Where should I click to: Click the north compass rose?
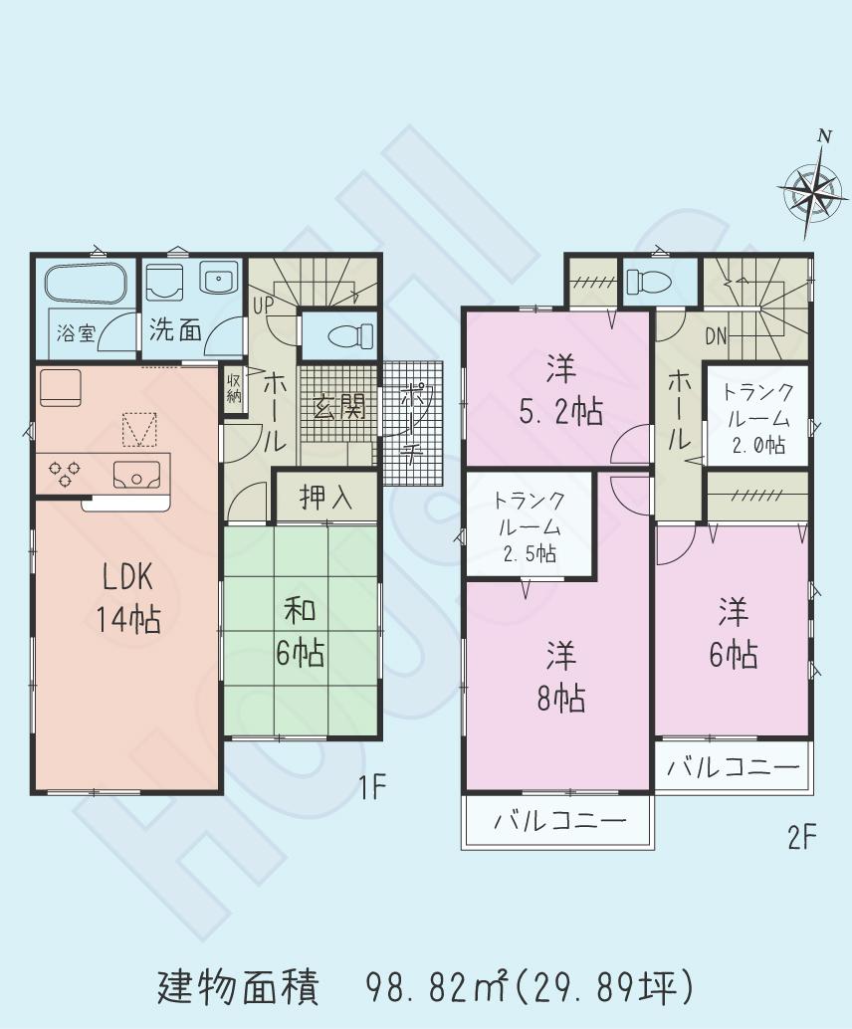pyautogui.click(x=810, y=189)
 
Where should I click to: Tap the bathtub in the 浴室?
pyautogui.click(x=86, y=283)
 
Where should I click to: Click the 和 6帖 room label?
pyautogui.click(x=300, y=631)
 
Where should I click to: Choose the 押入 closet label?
pyautogui.click(x=325, y=498)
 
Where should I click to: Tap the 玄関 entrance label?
pyautogui.click(x=338, y=407)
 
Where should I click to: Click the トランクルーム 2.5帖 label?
pyautogui.click(x=530, y=526)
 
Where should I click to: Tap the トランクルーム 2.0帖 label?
pyautogui.click(x=758, y=418)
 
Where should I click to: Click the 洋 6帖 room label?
pyautogui.click(x=733, y=633)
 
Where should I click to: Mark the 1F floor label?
pyautogui.click(x=371, y=789)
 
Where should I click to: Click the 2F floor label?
pyautogui.click(x=801, y=839)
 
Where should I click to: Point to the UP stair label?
pyautogui.click(x=264, y=304)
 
